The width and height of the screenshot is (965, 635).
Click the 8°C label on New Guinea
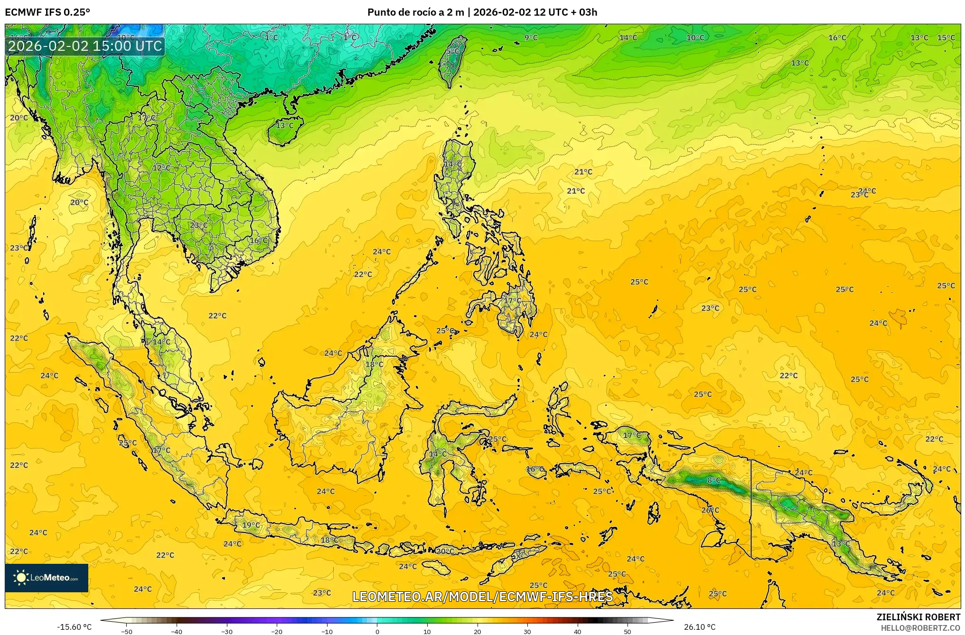coord(713,480)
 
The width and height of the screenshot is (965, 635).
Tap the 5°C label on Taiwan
coord(452,51)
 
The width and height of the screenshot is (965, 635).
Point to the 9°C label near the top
coord(531,37)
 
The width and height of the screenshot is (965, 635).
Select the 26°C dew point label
coord(710,510)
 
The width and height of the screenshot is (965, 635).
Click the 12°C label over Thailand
coord(161,168)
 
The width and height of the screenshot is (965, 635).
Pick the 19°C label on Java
coord(251,525)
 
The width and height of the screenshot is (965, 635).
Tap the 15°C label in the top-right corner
coord(946,37)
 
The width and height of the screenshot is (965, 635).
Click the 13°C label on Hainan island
coord(285,125)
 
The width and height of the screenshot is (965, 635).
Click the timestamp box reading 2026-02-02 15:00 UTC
coord(85,46)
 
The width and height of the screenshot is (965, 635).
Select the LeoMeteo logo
coord(47,578)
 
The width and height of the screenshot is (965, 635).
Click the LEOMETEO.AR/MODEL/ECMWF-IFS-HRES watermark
coord(482,597)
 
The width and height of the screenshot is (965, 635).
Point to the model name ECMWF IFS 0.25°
coord(47,12)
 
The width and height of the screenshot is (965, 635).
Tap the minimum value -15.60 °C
coord(75,627)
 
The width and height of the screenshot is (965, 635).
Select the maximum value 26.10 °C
coord(699,627)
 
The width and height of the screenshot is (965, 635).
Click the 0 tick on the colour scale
coord(377,632)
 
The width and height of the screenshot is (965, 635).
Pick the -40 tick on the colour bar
coord(177,632)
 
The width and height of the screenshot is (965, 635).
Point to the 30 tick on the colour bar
coord(527,632)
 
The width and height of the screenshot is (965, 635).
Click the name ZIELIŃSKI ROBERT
coord(918,617)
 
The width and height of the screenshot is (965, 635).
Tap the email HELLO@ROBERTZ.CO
coord(920,628)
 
